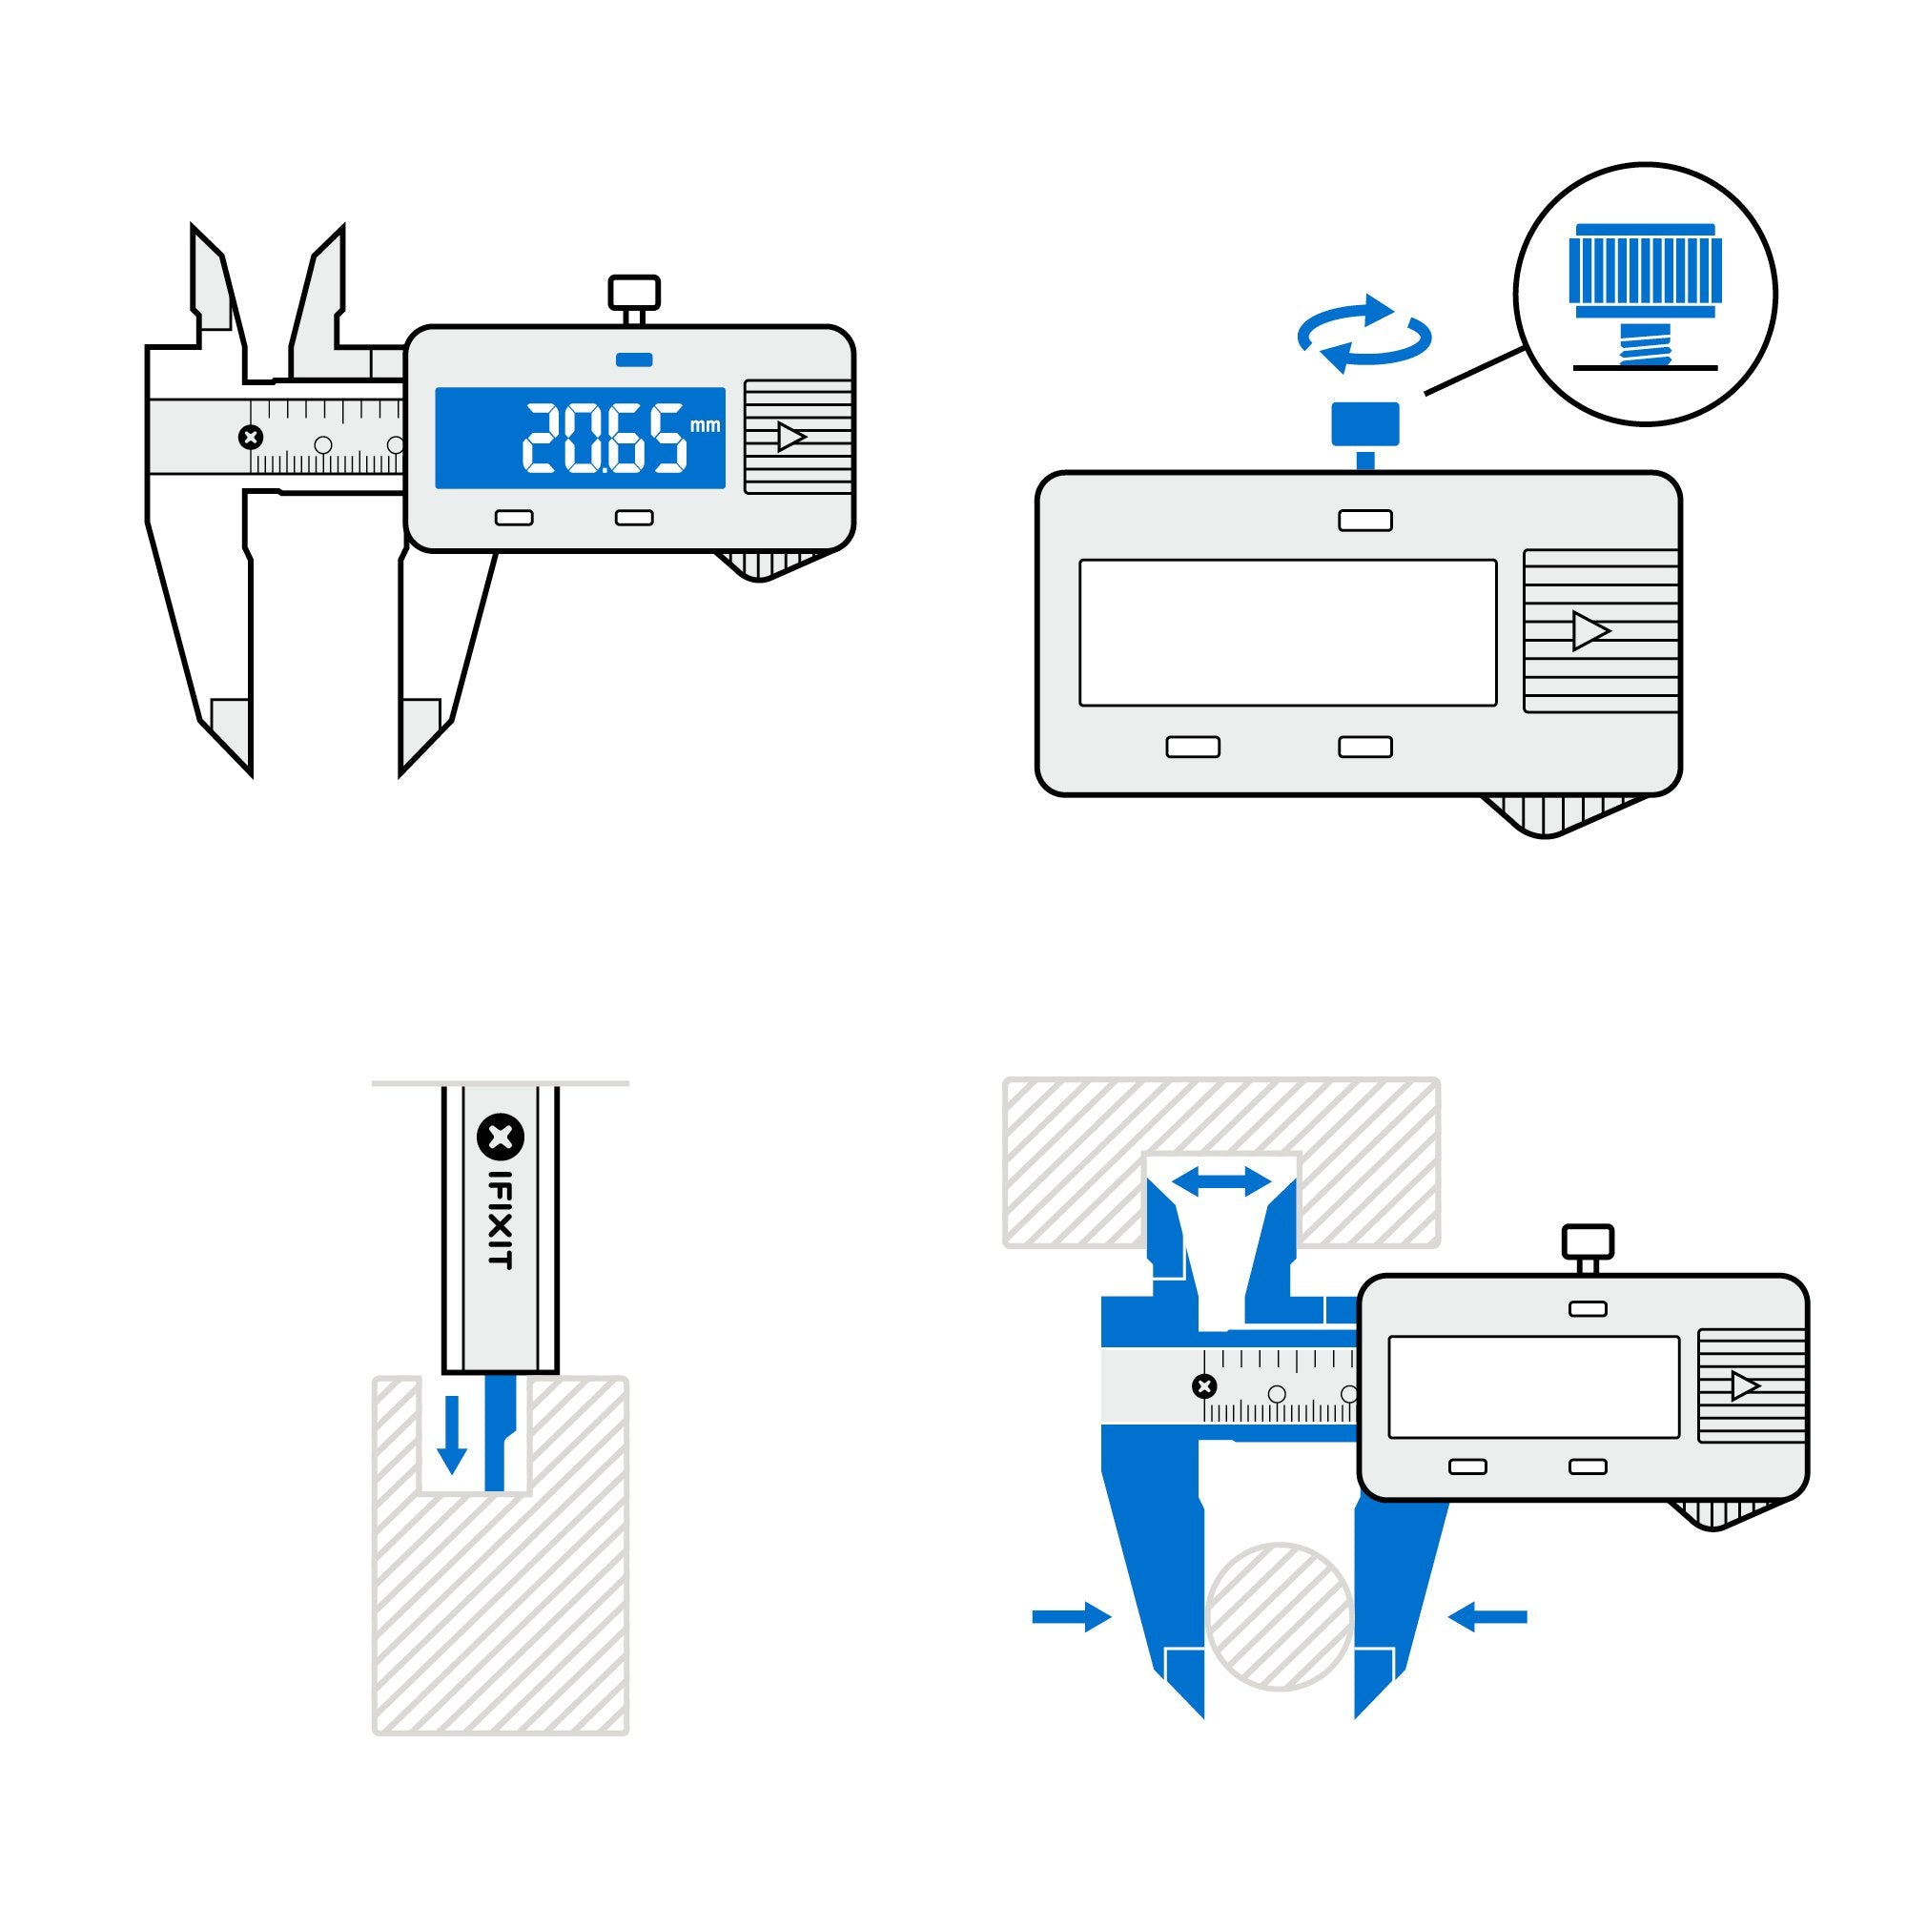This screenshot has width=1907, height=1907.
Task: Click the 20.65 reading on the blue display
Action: click(x=605, y=439)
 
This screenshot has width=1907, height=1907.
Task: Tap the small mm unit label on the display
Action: click(x=705, y=425)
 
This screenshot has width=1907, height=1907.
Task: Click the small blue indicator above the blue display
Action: click(x=634, y=359)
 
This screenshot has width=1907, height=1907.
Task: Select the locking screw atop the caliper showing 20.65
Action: click(x=634, y=294)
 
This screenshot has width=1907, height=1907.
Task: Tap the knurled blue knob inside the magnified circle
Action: click(x=1646, y=271)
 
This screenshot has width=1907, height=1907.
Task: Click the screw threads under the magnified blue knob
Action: click(x=1646, y=345)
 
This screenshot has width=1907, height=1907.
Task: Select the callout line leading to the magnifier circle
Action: click(x=1473, y=371)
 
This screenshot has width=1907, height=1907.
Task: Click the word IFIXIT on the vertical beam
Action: click(x=502, y=1219)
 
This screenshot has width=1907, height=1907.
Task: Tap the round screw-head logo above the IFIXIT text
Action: click(x=501, y=1138)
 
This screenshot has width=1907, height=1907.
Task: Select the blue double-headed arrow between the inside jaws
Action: click(x=1221, y=1181)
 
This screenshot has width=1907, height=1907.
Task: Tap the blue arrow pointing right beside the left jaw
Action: click(x=1071, y=1617)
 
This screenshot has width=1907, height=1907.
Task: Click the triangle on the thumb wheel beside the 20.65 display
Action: click(x=791, y=437)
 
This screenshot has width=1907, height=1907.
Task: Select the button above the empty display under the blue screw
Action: click(x=1365, y=521)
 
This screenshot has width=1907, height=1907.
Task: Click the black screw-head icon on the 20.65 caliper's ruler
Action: click(x=251, y=437)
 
